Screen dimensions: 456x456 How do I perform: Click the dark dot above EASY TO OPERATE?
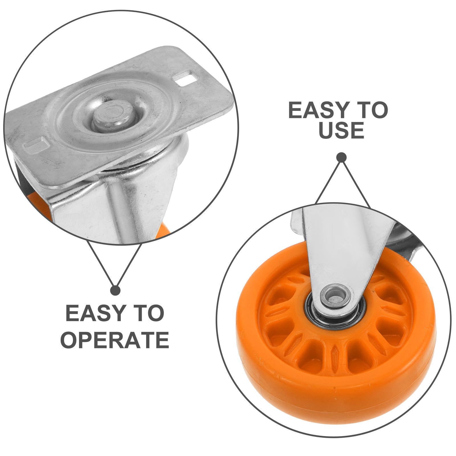pyautogui.click(x=115, y=290)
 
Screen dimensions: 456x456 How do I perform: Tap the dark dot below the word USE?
pyautogui.click(x=341, y=158)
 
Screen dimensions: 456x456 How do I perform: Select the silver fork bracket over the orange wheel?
pyautogui.click(x=342, y=251)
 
